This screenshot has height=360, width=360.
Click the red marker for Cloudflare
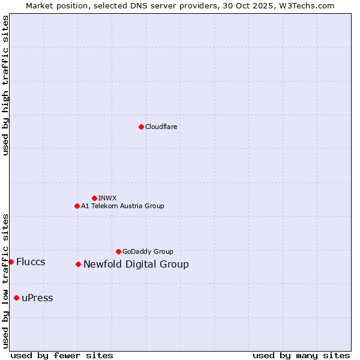(x=141, y=127)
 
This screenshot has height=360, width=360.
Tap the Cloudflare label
(x=161, y=127)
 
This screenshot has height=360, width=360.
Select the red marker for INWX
(x=94, y=198)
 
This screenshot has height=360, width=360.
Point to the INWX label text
(x=107, y=198)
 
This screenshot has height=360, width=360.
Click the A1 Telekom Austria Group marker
(x=77, y=206)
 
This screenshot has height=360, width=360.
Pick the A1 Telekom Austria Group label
(x=122, y=206)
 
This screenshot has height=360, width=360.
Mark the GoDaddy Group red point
(x=118, y=251)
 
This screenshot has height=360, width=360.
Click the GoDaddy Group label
(x=148, y=251)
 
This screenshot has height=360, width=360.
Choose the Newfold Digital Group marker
(x=78, y=264)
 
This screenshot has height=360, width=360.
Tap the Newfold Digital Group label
(x=136, y=264)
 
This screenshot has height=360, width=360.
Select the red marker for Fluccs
(x=11, y=262)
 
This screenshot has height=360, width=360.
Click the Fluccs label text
(x=31, y=262)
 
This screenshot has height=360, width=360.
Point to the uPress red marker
(x=16, y=298)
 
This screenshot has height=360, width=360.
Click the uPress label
(x=37, y=298)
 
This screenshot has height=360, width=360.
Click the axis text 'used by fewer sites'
(x=62, y=355)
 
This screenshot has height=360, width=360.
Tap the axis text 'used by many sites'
(x=301, y=355)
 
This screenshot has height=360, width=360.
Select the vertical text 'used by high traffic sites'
(x=5, y=85)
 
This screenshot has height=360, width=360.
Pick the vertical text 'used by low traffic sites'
(x=5, y=280)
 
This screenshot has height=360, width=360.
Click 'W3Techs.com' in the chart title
(x=310, y=5)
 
